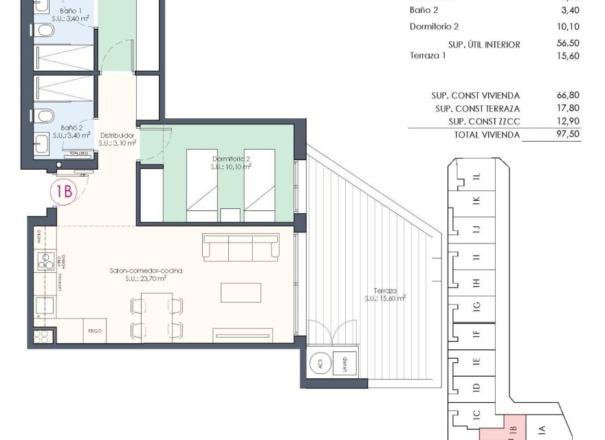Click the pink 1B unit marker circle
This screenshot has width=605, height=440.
coord(63,192)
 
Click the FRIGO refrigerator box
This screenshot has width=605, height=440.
coord(95,330)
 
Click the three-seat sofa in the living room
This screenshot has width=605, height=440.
coord(241,246)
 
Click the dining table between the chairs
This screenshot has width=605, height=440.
coord(157,315)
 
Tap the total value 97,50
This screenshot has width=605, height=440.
coord(569,135)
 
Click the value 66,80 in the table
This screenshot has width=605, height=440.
coord(569,96)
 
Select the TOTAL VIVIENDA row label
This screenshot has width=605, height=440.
coord(487,135)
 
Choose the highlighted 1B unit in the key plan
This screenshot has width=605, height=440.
coord(511,429)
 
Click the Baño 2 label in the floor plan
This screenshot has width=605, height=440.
coord(71,128)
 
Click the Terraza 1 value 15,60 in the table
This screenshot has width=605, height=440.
coord(569,56)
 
